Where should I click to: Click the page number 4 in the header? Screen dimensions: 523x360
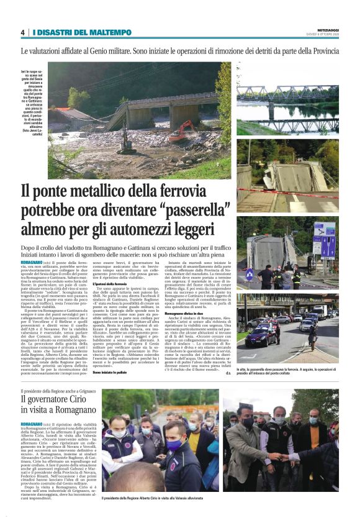(23, 32)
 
